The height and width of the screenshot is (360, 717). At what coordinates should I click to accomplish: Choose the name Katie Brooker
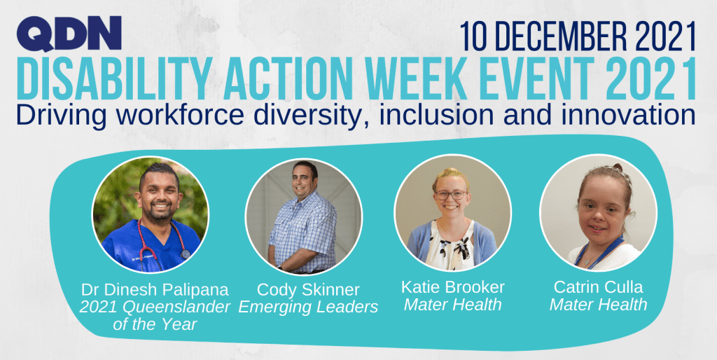(x=452, y=286)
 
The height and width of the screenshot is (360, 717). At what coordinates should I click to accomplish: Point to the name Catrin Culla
(x=598, y=286)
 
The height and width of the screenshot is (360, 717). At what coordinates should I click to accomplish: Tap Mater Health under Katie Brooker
(x=452, y=305)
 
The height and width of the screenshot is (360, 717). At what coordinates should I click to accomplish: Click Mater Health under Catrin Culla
(x=598, y=305)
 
